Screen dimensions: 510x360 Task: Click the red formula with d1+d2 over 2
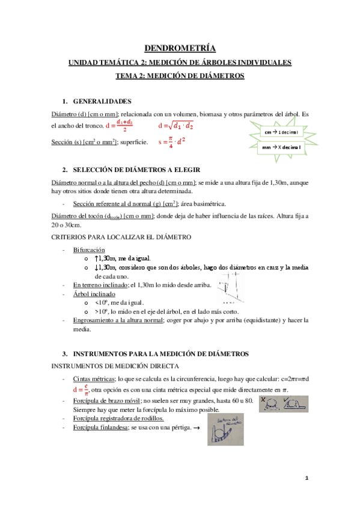(x=120, y=126)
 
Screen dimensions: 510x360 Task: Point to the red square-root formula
(x=175, y=126)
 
